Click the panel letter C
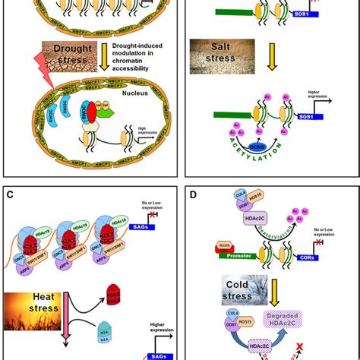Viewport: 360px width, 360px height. pos(11,195)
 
